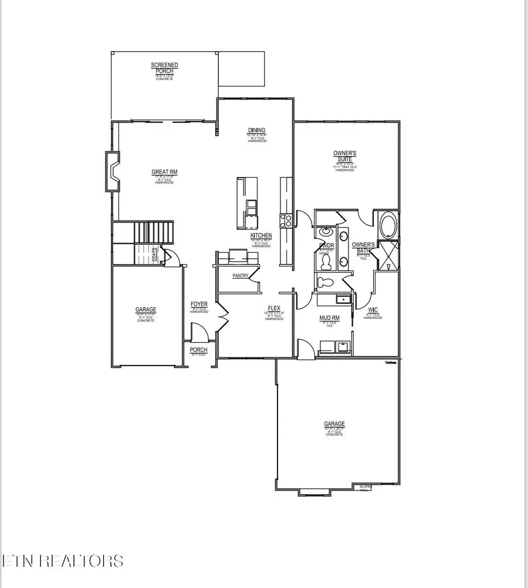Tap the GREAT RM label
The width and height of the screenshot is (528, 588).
tap(164, 172)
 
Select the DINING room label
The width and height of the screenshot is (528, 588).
tap(256, 130)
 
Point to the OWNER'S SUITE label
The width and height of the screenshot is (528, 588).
tap(345, 156)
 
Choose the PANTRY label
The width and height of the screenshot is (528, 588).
tap(240, 275)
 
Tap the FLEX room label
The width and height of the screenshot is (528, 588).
tap(273, 307)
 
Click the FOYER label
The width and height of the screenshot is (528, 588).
tap(199, 304)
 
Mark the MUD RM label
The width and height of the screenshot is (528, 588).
tap(328, 317)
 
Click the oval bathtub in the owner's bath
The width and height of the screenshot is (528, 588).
tap(388, 225)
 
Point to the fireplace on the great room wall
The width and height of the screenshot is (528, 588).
tap(113, 171)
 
